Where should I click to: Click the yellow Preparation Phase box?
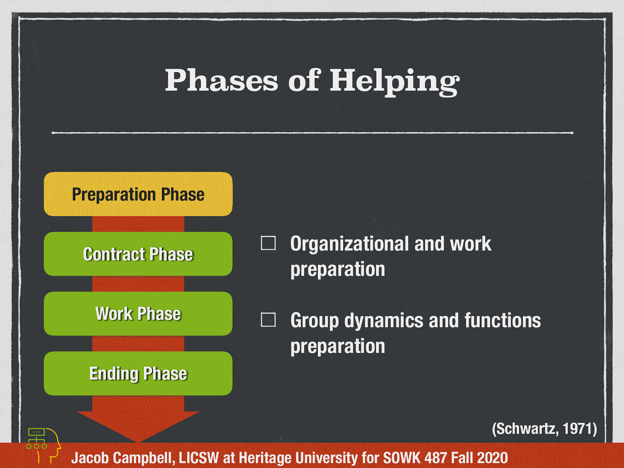(x=138, y=194)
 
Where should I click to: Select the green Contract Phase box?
(x=138, y=254)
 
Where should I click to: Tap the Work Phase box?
(x=138, y=314)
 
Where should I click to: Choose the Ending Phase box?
(x=138, y=373)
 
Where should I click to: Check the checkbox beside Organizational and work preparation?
(x=268, y=243)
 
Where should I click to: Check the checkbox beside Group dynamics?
(x=268, y=320)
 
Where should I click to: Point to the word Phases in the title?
(x=221, y=80)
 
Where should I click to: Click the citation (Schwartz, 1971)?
(x=544, y=429)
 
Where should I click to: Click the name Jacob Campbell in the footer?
(x=122, y=458)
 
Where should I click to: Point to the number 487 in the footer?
(x=435, y=458)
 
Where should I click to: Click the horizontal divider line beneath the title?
(x=312, y=133)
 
